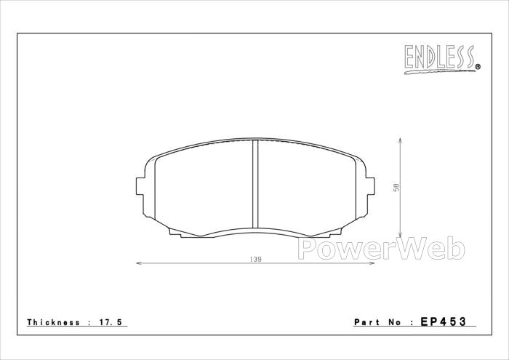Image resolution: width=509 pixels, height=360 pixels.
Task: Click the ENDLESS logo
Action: coord(442,59)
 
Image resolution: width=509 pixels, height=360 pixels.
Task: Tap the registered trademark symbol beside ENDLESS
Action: coord(478,67)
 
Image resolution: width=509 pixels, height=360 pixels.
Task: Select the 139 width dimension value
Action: coord(255,259)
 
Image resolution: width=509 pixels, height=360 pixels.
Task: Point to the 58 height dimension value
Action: coord(396,188)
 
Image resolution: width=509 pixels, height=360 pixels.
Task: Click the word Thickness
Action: coord(54,322)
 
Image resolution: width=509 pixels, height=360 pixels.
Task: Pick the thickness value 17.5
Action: coord(110,322)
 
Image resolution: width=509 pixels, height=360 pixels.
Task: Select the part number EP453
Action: coord(444,321)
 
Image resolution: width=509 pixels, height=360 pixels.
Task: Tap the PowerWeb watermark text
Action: coord(381,249)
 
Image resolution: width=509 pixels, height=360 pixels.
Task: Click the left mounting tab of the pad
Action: coord(140,186)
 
